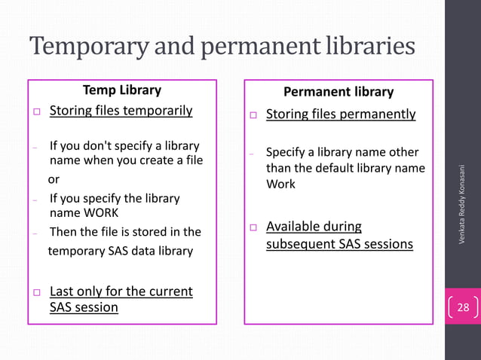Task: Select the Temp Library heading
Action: pos(122,90)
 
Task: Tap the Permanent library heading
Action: pos(339,92)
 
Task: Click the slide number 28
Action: pos(463,307)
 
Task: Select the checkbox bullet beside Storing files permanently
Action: pos(254,116)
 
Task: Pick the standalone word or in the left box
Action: pos(54,181)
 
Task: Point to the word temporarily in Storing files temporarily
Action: pos(155,111)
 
